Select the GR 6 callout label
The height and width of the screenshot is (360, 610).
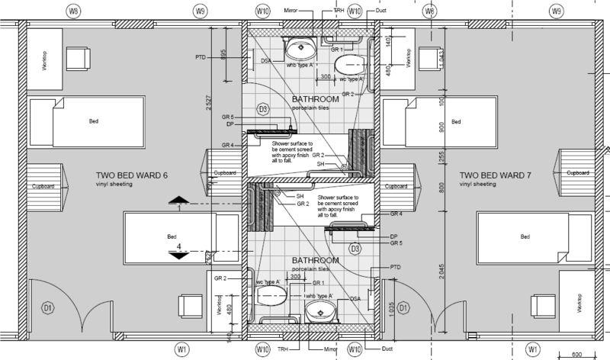tap(226, 116)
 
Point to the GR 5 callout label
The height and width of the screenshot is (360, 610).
tap(394, 243)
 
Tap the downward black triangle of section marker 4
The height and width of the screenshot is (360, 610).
tap(179, 256)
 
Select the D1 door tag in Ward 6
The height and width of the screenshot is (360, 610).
tap(47, 309)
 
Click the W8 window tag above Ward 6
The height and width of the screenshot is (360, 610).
tap(74, 11)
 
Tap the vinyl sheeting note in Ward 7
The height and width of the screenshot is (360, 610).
tap(477, 185)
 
